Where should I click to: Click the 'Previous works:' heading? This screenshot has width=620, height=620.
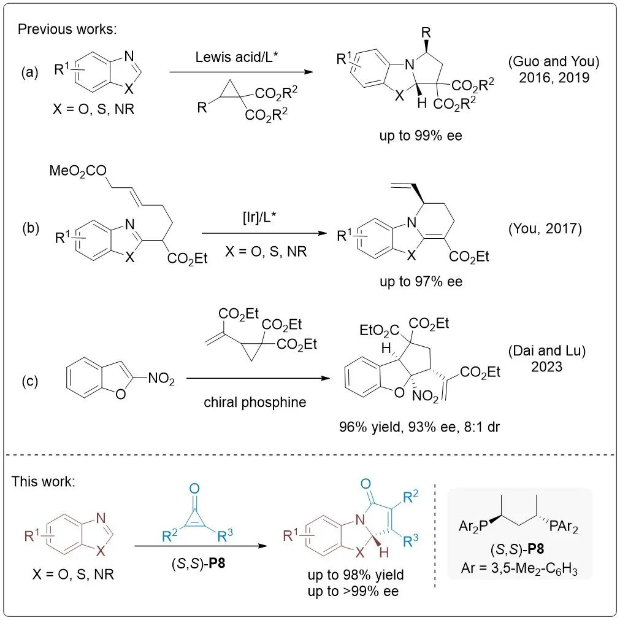(x=53, y=29)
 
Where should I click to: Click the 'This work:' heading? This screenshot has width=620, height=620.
(x=43, y=481)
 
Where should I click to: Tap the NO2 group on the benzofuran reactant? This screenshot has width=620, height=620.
(x=161, y=381)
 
